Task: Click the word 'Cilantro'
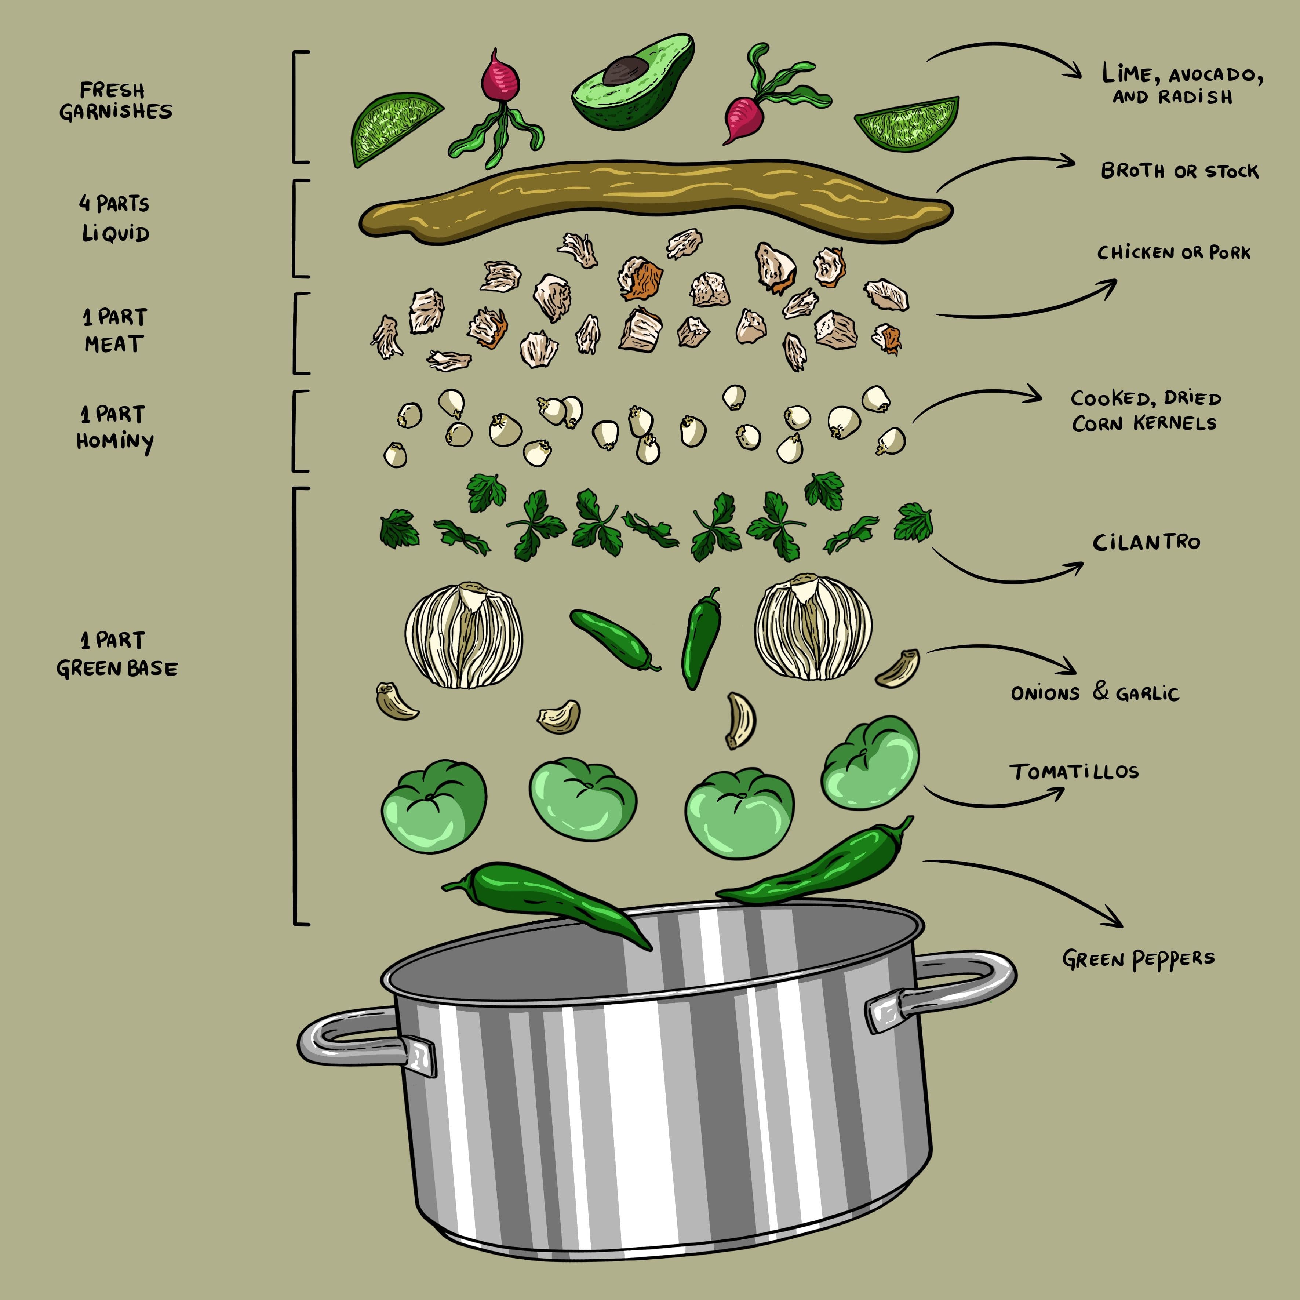pyautogui.click(x=1146, y=542)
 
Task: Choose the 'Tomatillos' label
pyautogui.click(x=1074, y=771)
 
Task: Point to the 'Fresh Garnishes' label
pyautogui.click(x=115, y=101)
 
